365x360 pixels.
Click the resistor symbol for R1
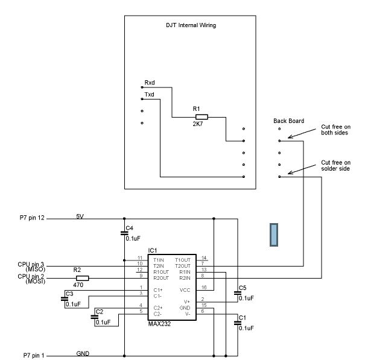(x=202, y=117)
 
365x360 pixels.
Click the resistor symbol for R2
(x=83, y=278)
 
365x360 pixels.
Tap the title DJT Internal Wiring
(x=191, y=25)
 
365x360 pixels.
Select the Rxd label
(x=150, y=83)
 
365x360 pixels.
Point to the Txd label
(x=149, y=95)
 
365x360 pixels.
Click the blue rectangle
(x=274, y=235)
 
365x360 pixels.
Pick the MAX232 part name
(x=159, y=324)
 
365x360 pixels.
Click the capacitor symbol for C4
(x=124, y=233)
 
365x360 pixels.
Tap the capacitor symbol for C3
(x=65, y=299)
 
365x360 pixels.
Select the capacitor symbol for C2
(x=95, y=317)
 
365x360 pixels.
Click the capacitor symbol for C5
(x=238, y=292)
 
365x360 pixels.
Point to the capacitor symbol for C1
(x=238, y=323)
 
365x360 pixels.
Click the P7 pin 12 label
(x=32, y=218)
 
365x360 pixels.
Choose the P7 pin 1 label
(x=34, y=355)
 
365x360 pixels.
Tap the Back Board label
(x=288, y=121)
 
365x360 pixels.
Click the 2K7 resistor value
(x=198, y=124)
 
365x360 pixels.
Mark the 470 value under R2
(x=78, y=285)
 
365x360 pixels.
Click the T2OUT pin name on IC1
(x=183, y=266)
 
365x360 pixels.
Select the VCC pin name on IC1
(x=185, y=290)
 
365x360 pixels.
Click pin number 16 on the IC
(x=204, y=288)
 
